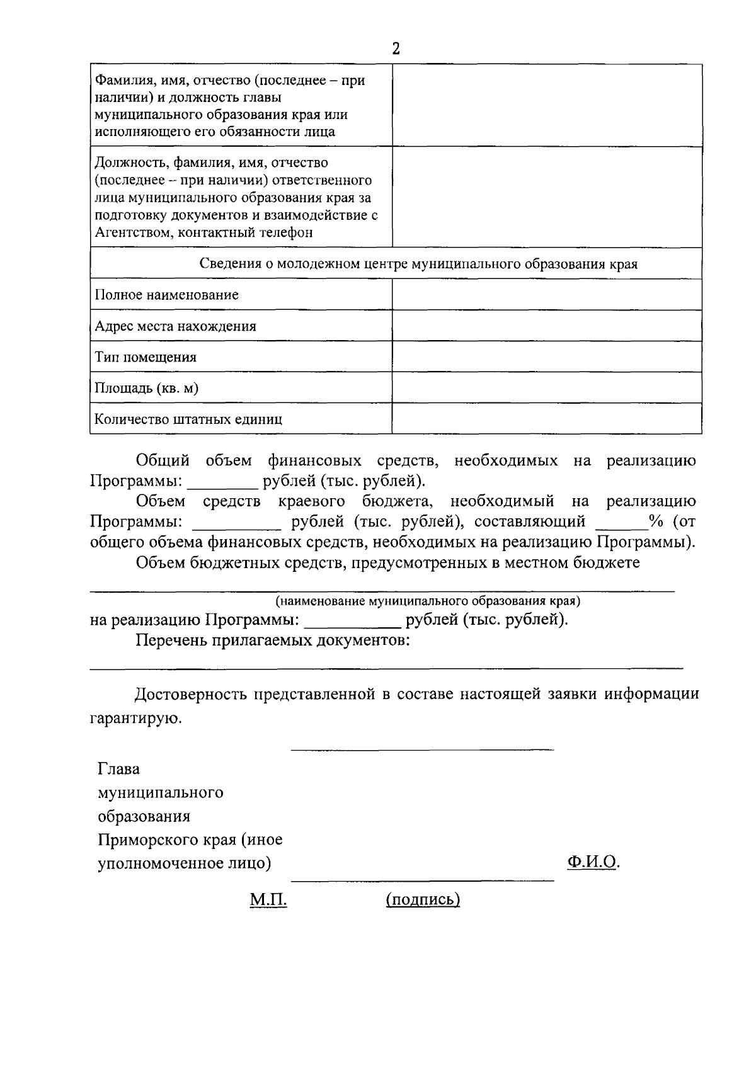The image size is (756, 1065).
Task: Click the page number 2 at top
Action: tap(396, 49)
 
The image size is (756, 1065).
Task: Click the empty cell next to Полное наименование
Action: tap(546, 295)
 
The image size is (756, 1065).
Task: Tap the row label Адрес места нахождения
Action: tap(175, 326)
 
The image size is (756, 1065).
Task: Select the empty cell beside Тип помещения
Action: tap(546, 356)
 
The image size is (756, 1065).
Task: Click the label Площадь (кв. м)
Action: tap(146, 388)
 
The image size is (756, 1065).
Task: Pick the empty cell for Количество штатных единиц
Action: tap(546, 419)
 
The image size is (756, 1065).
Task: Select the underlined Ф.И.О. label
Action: tap(592, 862)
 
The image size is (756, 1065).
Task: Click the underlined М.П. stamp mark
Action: tap(268, 900)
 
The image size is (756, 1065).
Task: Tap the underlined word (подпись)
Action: tap(423, 900)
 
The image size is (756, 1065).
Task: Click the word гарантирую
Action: tap(135, 718)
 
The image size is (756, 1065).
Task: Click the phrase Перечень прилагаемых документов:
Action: tap(273, 641)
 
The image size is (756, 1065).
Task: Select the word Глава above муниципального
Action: tap(118, 769)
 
